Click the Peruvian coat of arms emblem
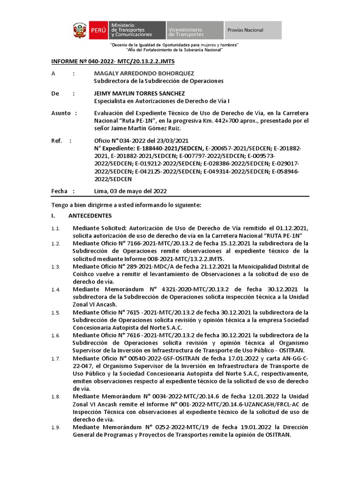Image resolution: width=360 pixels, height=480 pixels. point(79,30)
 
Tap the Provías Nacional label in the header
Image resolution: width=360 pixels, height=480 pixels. point(245,30)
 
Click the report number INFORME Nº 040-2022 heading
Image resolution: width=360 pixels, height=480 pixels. point(112,61)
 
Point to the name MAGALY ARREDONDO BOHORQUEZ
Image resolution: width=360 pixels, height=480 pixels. point(144,74)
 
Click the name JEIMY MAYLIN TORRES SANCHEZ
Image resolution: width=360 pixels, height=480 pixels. point(139,93)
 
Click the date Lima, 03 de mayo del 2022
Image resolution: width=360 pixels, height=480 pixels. point(130,191)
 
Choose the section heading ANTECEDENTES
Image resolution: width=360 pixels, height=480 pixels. point(90,216)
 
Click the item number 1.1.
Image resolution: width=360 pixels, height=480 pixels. point(56,228)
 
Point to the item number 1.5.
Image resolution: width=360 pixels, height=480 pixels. point(56,313)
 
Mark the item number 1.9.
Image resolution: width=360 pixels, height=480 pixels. point(56,427)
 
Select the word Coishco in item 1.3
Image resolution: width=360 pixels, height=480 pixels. point(83,274)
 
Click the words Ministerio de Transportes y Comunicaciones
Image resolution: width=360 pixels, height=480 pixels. point(131,30)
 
